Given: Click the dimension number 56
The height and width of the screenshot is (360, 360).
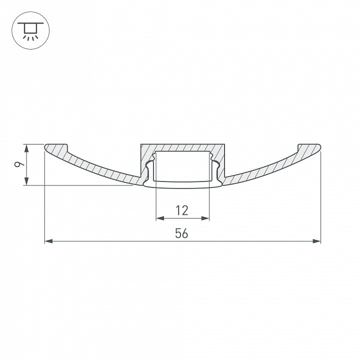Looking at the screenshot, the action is pyautogui.click(x=181, y=233).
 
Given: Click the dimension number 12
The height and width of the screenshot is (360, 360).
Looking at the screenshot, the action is pyautogui.click(x=182, y=210).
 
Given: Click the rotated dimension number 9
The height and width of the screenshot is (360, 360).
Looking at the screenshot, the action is pyautogui.click(x=19, y=164).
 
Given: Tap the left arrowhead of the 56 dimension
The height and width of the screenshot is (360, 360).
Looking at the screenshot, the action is pyautogui.click(x=48, y=241).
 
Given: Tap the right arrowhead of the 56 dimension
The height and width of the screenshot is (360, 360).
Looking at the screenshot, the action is pyautogui.click(x=316, y=241).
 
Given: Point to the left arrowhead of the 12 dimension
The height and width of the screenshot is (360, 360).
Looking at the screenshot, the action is pyautogui.click(x=160, y=218).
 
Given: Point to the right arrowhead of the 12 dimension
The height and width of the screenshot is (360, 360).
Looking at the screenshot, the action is pyautogui.click(x=205, y=218).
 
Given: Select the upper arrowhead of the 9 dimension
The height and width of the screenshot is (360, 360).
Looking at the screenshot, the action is pyautogui.click(x=27, y=148).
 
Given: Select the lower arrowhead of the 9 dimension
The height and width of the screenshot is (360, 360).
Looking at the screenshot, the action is pyautogui.click(x=27, y=181).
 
